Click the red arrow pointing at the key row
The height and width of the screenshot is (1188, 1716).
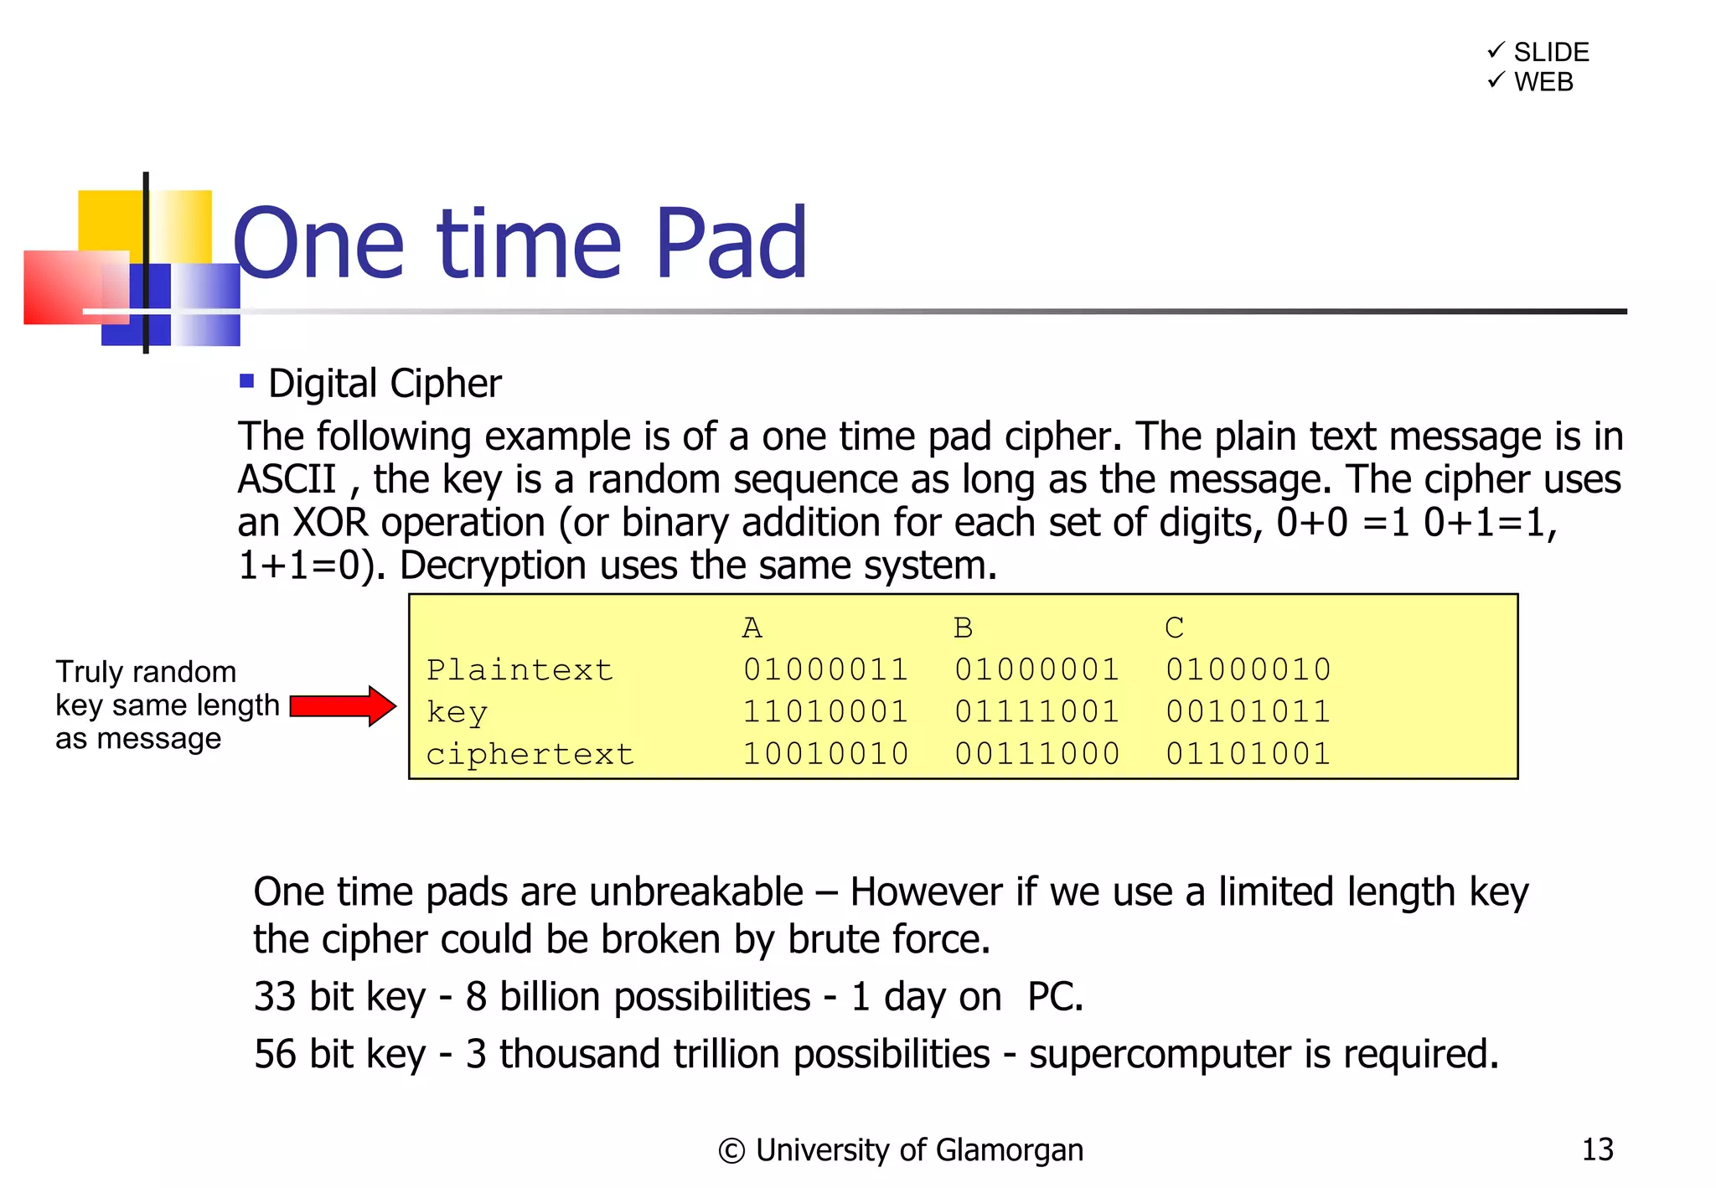coord(342,705)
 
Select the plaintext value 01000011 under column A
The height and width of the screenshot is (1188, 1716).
coord(825,669)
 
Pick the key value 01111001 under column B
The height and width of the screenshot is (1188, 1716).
coord(1036,711)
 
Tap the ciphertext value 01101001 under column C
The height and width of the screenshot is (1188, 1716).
coord(1248,753)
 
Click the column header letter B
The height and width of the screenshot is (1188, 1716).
coord(963,628)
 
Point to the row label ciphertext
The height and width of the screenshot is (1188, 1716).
coord(530,754)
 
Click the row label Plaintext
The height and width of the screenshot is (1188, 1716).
coord(519,669)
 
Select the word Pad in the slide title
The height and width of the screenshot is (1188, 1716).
coord(731,244)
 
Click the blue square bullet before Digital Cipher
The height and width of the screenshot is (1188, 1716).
coord(246,381)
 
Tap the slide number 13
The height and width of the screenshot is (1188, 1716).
coord(1597,1149)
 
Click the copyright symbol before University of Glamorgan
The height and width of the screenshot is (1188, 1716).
coord(731,1151)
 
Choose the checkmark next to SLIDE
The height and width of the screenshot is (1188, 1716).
coord(1496,50)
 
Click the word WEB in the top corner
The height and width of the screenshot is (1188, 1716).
coord(1543,82)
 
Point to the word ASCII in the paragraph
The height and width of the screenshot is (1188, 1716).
coord(287,480)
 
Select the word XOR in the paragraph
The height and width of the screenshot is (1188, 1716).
coord(329,523)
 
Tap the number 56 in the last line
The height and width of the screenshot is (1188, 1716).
coord(275,1053)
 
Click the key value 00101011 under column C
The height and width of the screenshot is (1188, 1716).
coord(1248,711)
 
